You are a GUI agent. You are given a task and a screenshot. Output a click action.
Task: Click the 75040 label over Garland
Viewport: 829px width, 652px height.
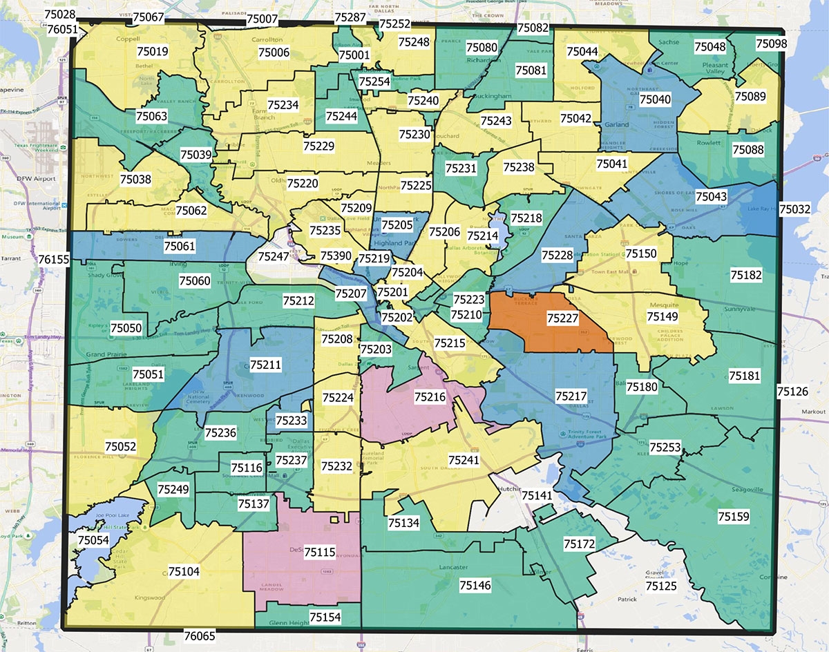(x=654, y=99)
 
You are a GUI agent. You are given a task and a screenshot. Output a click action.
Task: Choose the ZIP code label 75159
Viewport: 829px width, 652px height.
(x=733, y=516)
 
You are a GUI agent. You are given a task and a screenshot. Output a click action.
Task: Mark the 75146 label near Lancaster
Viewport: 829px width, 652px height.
(x=475, y=586)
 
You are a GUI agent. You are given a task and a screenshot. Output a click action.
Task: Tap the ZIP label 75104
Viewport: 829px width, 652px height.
(x=184, y=571)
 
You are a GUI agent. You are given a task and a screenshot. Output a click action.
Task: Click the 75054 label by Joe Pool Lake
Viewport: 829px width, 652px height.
(x=93, y=539)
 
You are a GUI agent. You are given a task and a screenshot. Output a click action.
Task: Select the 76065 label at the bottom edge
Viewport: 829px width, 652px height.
(x=200, y=634)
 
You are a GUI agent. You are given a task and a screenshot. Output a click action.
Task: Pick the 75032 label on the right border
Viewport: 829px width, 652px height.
(x=794, y=209)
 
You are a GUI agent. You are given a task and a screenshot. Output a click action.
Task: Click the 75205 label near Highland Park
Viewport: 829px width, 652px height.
(x=397, y=225)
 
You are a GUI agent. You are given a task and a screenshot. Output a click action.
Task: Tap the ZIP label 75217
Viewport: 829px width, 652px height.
(x=571, y=396)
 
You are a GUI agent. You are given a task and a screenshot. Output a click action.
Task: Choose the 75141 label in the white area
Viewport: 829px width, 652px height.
(x=537, y=495)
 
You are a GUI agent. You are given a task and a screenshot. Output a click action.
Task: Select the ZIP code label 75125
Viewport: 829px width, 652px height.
(x=661, y=586)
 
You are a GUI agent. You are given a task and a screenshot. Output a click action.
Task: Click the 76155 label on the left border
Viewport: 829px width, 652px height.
(x=55, y=259)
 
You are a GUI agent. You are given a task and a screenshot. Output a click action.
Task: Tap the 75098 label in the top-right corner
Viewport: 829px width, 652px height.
(x=771, y=44)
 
